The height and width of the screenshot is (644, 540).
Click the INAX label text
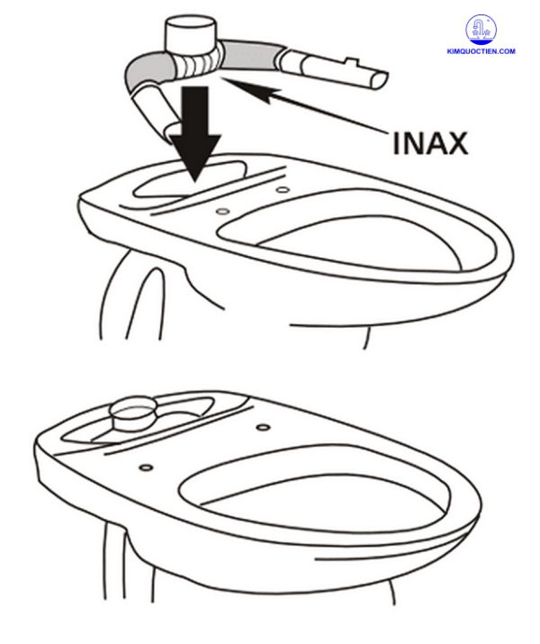coord(429,141)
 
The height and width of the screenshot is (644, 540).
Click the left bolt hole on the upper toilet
coord(221,210)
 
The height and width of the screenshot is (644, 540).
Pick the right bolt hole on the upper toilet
coord(283,189)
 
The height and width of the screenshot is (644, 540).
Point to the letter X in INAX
coord(456,141)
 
